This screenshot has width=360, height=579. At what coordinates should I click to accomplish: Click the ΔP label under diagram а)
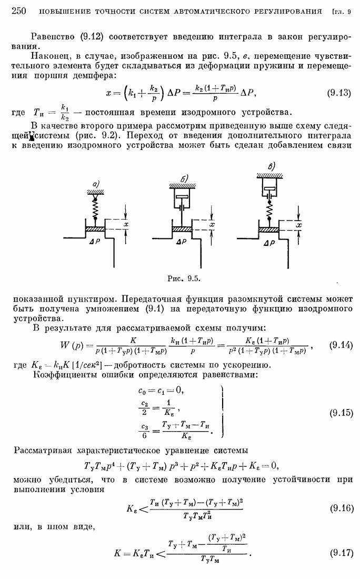tap(94, 242)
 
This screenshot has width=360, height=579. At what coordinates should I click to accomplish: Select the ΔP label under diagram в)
tap(269, 243)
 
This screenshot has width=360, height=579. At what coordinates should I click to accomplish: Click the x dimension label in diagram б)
tap(212, 225)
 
